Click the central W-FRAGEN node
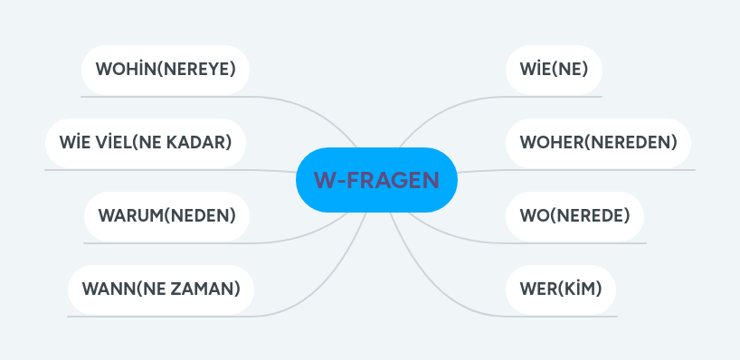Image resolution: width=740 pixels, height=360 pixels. click(x=376, y=180)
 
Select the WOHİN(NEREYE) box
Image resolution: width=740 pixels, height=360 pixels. click(x=165, y=69)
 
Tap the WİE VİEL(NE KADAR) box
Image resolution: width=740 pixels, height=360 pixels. click(x=146, y=142)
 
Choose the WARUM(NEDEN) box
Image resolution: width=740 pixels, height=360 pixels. click(x=166, y=215)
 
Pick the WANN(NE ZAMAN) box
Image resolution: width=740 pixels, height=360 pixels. click(x=161, y=289)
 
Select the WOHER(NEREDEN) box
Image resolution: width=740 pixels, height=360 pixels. click(x=598, y=142)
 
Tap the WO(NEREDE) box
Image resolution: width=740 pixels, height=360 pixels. click(x=574, y=215)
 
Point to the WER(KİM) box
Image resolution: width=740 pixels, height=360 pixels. click(x=561, y=289)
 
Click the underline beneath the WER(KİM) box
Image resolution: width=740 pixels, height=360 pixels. click(x=561, y=316)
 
